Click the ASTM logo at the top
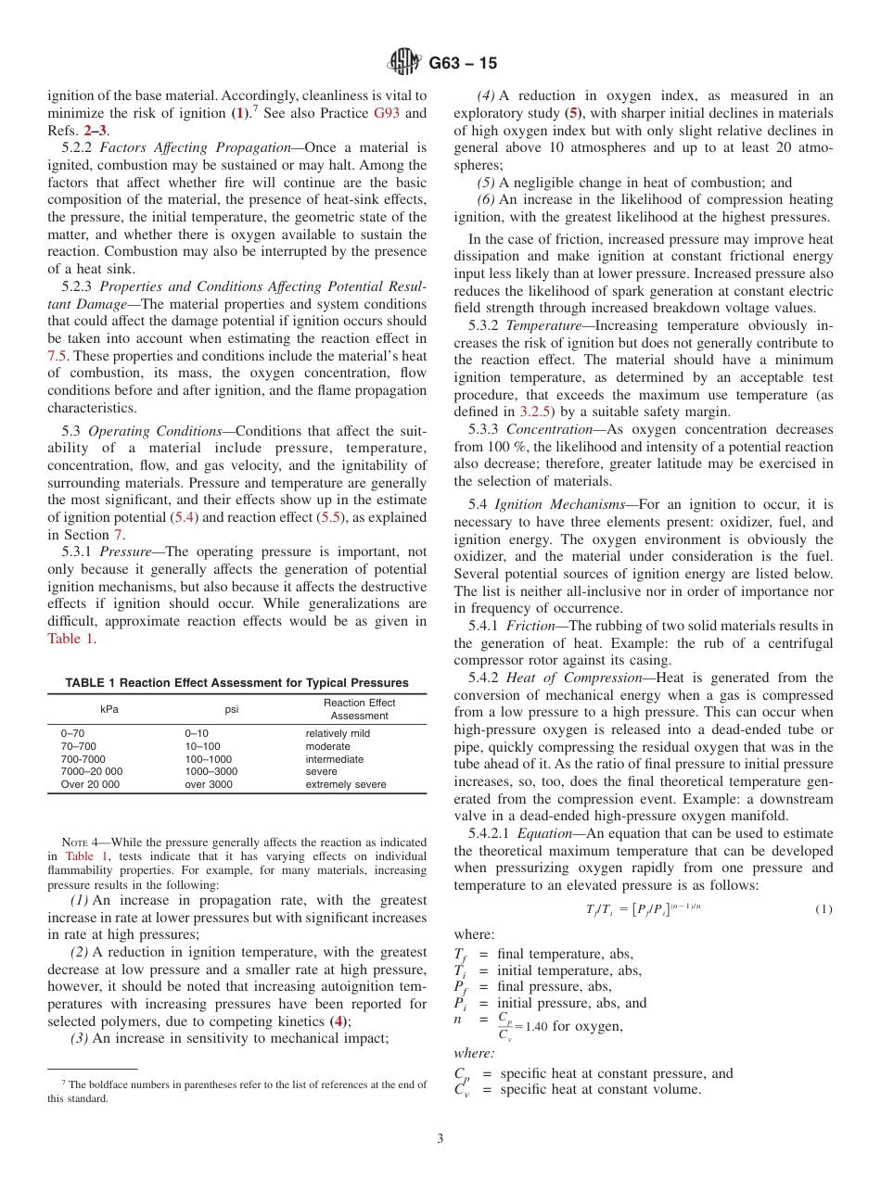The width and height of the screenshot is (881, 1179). [x=405, y=62]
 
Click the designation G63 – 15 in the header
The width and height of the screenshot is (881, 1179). [x=464, y=63]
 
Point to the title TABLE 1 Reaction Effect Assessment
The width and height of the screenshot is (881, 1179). [x=236, y=683]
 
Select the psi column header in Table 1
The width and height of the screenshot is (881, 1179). [x=233, y=709]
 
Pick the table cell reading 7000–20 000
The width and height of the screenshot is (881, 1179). [x=91, y=771]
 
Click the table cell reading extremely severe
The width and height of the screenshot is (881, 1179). [x=346, y=784]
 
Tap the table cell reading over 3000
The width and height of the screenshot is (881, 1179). [x=209, y=784]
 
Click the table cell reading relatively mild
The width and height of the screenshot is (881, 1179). [x=338, y=733]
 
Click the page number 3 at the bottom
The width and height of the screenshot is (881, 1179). [x=440, y=1139]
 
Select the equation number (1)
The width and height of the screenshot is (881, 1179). [x=824, y=909]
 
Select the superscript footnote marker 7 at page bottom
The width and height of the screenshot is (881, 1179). [x=64, y=1082]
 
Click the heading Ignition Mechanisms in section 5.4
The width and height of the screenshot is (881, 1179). [x=547, y=504]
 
